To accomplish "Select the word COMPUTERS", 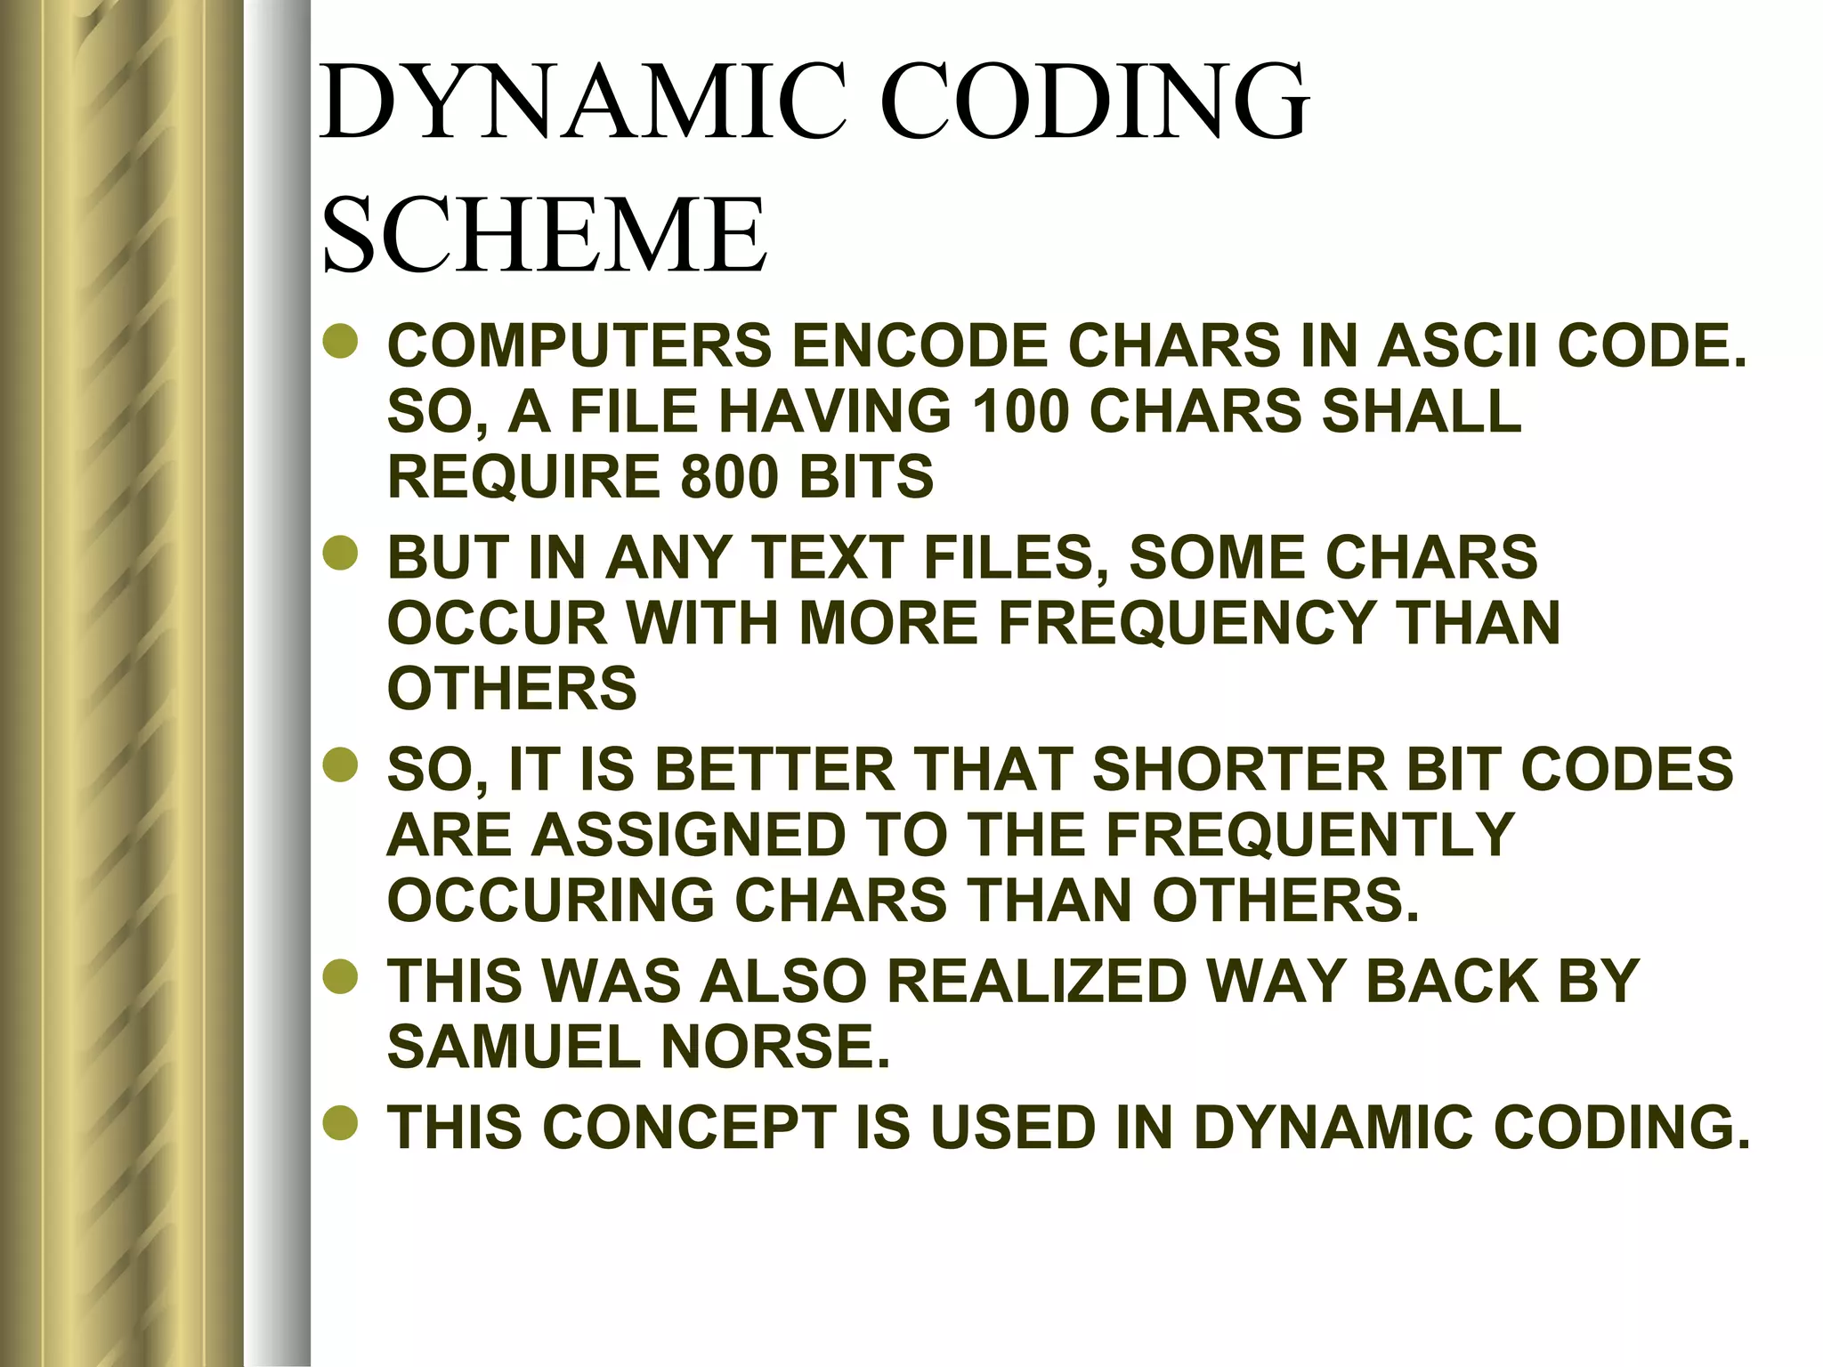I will [579, 346].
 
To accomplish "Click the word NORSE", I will [774, 1047].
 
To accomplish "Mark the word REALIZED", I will [1037, 981].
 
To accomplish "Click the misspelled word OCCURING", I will [551, 901].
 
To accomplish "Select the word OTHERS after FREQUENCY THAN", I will [512, 688].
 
